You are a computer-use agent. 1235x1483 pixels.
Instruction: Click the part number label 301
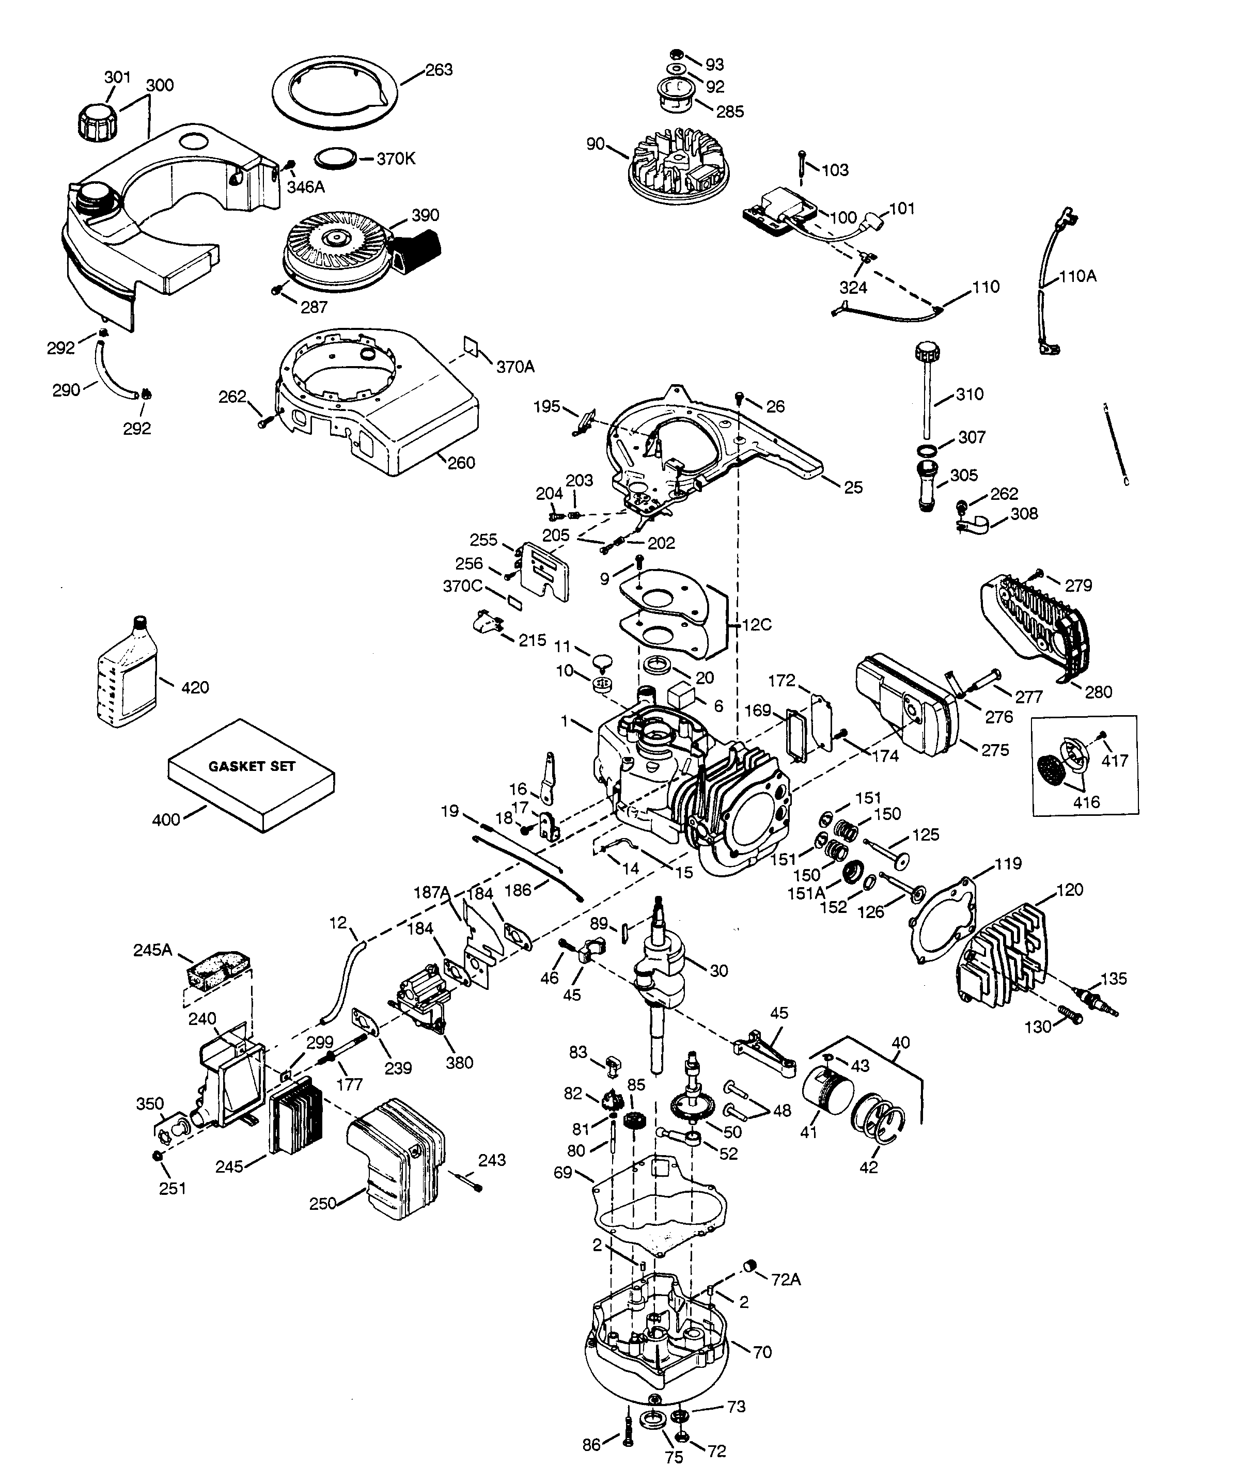(x=118, y=76)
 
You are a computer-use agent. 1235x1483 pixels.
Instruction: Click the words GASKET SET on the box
(x=252, y=765)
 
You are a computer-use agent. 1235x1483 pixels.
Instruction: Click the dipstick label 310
(x=970, y=394)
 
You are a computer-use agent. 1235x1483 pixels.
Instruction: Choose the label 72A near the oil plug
(x=786, y=1279)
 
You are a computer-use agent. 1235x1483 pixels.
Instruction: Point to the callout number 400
(x=166, y=820)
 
